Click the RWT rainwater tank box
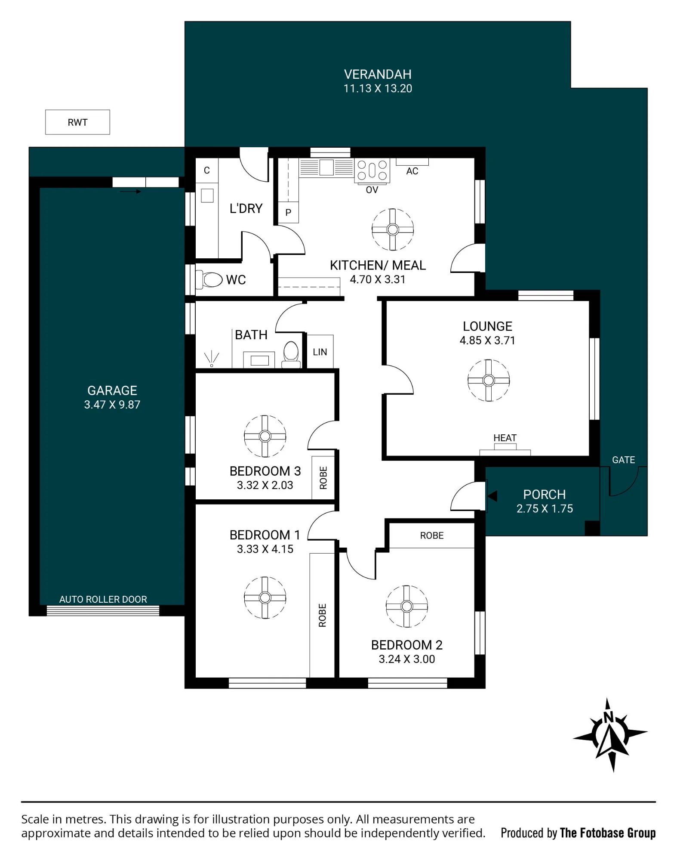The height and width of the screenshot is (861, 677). pyautogui.click(x=77, y=122)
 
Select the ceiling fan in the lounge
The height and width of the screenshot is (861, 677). pyautogui.click(x=488, y=381)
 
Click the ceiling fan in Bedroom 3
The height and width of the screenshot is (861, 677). pyautogui.click(x=265, y=436)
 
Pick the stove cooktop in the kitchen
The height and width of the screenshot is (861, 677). pyautogui.click(x=372, y=170)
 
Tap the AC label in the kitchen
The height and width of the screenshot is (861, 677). pyautogui.click(x=412, y=171)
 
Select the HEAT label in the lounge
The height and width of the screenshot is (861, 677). pyautogui.click(x=505, y=438)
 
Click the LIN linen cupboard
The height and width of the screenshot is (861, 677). pyautogui.click(x=320, y=352)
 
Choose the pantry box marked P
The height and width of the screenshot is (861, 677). pyautogui.click(x=288, y=212)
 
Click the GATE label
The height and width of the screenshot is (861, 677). pyautogui.click(x=623, y=460)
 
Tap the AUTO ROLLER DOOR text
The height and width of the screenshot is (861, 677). pyautogui.click(x=103, y=599)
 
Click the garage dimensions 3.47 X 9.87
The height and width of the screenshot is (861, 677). pyautogui.click(x=112, y=405)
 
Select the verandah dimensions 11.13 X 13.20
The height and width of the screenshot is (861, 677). pyautogui.click(x=378, y=89)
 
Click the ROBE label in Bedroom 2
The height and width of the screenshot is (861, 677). pyautogui.click(x=432, y=536)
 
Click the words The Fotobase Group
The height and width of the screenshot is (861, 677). pyautogui.click(x=608, y=833)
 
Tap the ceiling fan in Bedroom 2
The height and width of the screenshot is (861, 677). pyautogui.click(x=407, y=606)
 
